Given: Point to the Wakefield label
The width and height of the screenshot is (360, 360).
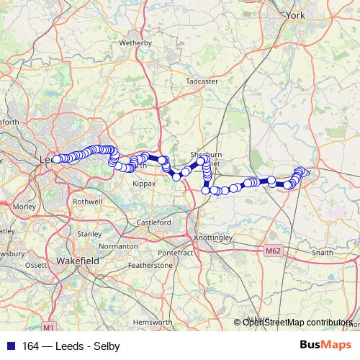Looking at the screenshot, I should [x=76, y=260].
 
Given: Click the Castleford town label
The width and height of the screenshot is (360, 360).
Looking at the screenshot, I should [x=153, y=223].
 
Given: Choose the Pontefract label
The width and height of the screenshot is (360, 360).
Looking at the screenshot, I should [x=176, y=253].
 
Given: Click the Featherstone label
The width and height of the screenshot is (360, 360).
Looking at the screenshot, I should [x=150, y=266].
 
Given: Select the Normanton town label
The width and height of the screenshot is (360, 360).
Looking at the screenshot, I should [x=118, y=246].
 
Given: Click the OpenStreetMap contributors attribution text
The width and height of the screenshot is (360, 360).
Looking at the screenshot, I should [x=297, y=323].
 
